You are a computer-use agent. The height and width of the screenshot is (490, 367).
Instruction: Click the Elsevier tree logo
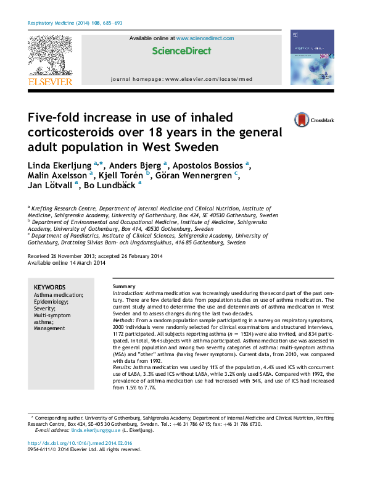tap(50, 56)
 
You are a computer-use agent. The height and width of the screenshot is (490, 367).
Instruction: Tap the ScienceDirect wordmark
tap(182, 51)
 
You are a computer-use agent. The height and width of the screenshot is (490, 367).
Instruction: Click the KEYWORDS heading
tap(49, 288)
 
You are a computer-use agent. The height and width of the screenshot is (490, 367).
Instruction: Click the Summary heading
tap(124, 288)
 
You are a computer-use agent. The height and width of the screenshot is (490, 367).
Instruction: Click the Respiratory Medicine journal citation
tap(75, 23)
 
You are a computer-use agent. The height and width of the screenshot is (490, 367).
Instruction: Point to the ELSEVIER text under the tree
tap(50, 81)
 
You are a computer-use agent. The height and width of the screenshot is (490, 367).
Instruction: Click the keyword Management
tap(51, 329)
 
